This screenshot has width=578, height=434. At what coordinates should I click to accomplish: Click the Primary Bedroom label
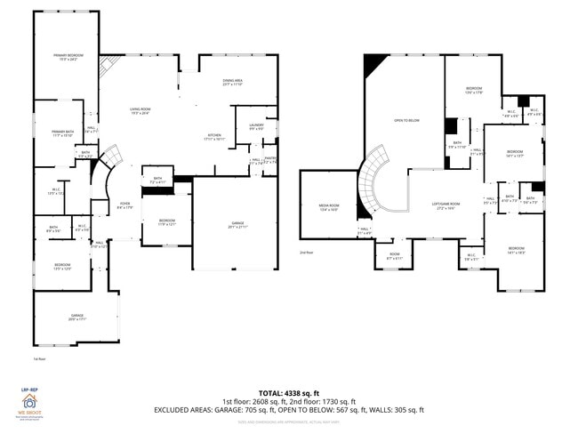click(x=66, y=58)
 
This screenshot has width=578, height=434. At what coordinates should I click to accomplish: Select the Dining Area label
click(x=233, y=83)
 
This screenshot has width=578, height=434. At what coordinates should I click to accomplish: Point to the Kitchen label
click(x=213, y=137)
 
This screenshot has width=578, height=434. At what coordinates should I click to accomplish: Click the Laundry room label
click(x=256, y=127)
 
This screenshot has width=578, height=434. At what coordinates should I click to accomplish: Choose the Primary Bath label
click(x=63, y=133)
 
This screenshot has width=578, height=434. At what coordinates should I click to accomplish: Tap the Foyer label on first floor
click(x=124, y=206)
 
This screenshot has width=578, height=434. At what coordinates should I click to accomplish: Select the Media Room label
click(x=330, y=207)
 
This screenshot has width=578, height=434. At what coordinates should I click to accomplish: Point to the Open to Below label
click(x=406, y=119)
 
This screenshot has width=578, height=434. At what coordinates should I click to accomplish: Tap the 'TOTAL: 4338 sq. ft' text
click(x=289, y=392)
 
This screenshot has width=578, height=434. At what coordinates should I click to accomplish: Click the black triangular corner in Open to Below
click(x=373, y=64)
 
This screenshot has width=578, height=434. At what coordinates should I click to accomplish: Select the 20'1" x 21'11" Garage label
click(x=236, y=224)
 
